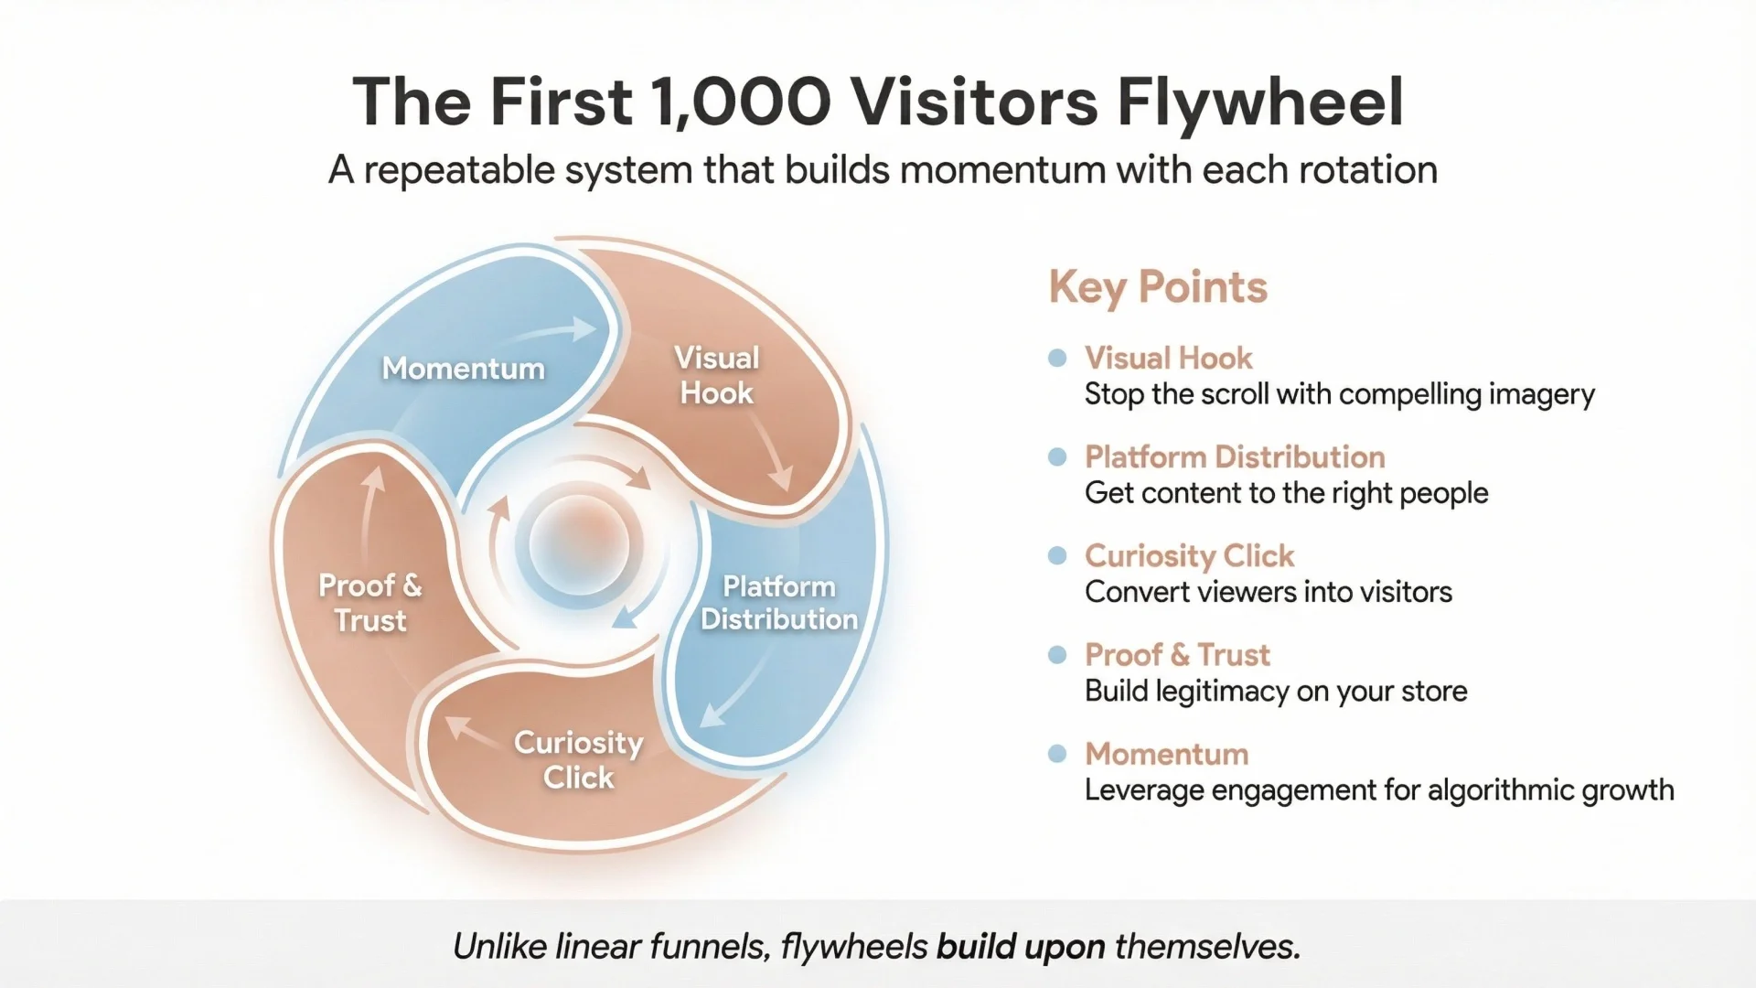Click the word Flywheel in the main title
point(1259,102)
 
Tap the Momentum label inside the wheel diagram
point(463,369)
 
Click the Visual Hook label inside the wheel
point(716,375)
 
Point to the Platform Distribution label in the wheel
point(778,603)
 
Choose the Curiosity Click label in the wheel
point(578,759)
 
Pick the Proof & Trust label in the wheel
point(369,603)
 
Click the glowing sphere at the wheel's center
point(579,543)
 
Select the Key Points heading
point(1157,287)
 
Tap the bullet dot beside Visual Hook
point(1057,358)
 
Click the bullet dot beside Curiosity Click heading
point(1057,555)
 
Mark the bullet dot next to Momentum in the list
point(1057,754)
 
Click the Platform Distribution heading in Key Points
point(1234,456)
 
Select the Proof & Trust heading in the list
point(1176,655)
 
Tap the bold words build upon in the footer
point(1020,946)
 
